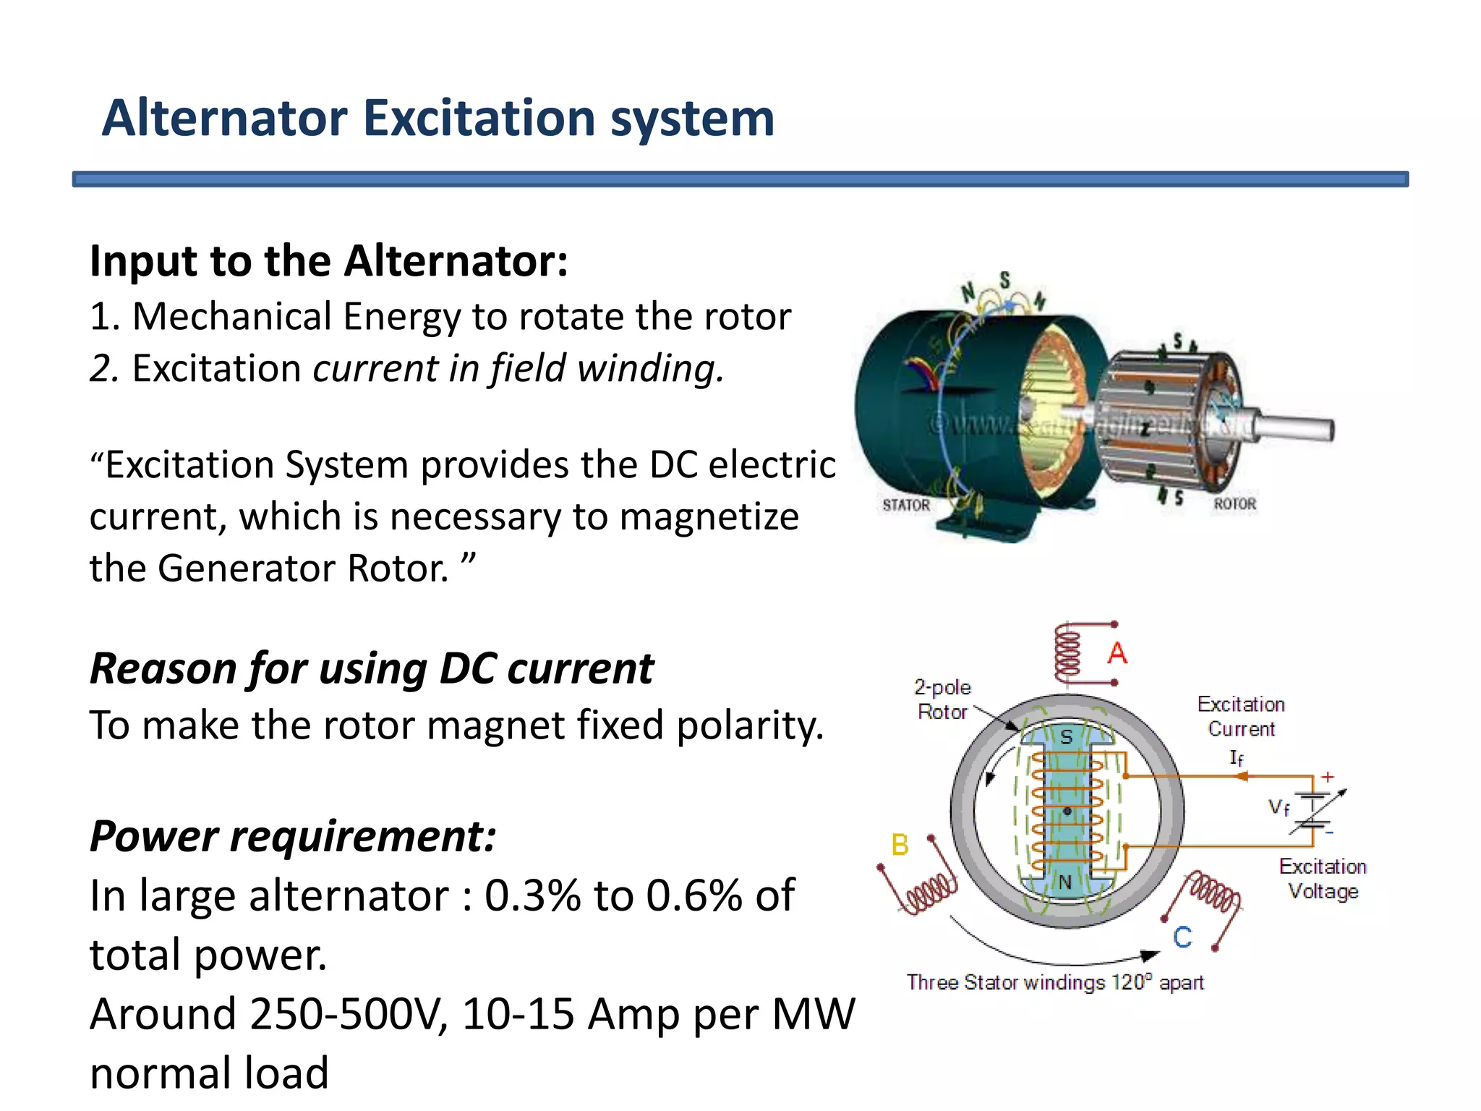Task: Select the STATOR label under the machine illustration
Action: [x=906, y=505]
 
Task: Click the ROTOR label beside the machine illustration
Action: [x=1234, y=503]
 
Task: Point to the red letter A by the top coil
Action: [x=1117, y=653]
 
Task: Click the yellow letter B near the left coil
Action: [x=900, y=845]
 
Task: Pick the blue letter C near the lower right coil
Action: [x=1182, y=937]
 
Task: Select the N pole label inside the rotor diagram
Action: [x=1065, y=882]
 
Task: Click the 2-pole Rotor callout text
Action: [x=942, y=699]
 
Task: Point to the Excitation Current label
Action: [x=1241, y=716]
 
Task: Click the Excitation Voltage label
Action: [x=1323, y=878]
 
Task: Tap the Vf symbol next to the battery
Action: [x=1279, y=807]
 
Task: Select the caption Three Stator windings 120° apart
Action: [x=1055, y=982]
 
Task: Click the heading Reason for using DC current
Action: [x=371, y=668]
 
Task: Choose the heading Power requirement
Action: [x=293, y=836]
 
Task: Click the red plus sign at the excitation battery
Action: [x=1328, y=777]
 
